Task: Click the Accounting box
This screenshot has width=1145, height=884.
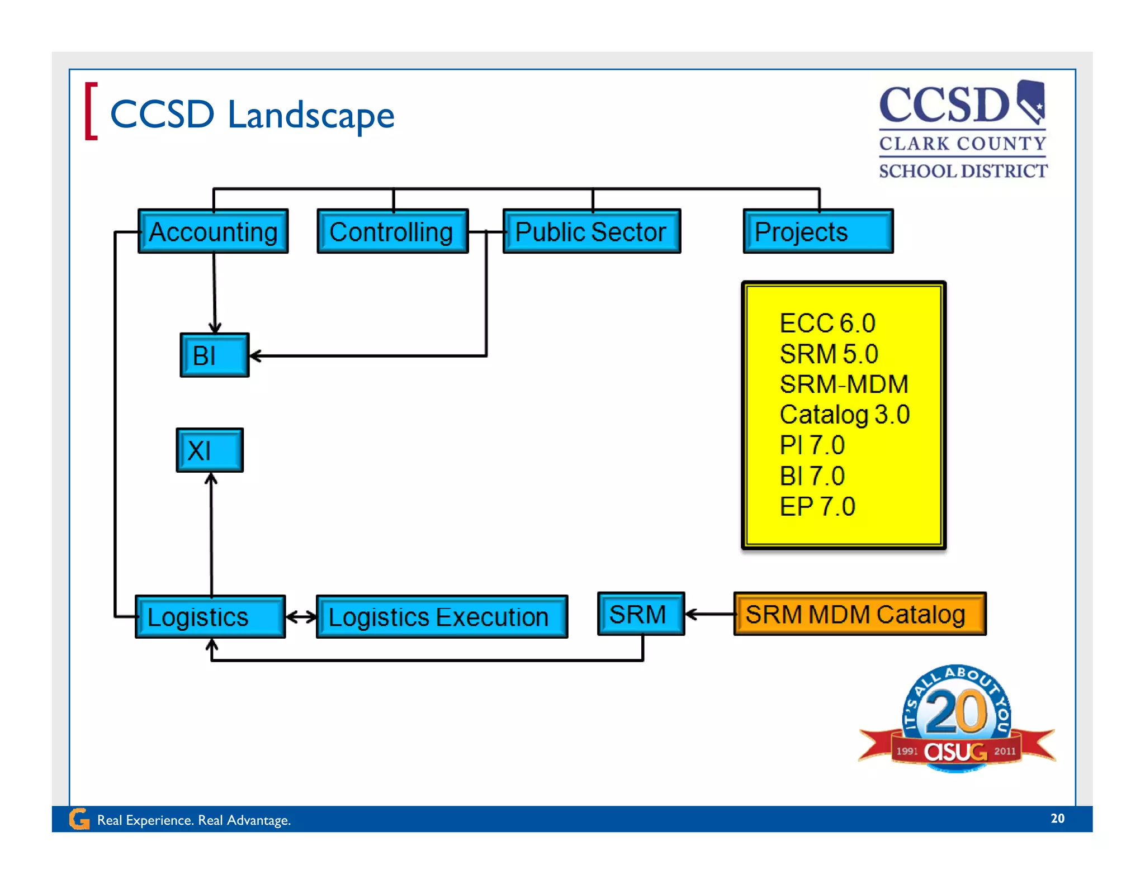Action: point(213,231)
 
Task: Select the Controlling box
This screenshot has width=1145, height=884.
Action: point(392,231)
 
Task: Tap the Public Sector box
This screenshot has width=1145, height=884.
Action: point(592,231)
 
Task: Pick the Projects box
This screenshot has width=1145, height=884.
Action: point(817,231)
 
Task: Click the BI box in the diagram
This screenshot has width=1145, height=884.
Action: point(214,355)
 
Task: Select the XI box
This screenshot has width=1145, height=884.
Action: point(210,450)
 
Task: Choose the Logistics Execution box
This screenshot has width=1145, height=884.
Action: point(442,617)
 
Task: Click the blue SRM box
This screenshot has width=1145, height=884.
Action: point(641,614)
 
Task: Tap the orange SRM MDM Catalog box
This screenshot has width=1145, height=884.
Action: point(859,614)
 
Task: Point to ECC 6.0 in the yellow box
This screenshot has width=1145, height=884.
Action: point(827,323)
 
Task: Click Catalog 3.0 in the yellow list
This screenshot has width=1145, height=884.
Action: point(844,415)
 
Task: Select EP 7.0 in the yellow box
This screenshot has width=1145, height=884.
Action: point(817,507)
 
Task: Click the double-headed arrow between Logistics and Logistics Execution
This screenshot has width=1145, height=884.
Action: point(301,617)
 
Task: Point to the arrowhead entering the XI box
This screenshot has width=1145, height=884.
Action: point(211,479)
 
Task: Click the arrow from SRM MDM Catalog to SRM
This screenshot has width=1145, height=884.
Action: point(709,614)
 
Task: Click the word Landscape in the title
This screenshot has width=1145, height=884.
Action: point(311,115)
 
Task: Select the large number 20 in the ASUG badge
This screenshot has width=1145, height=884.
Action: point(957,712)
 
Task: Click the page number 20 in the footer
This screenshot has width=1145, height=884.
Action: point(1057,818)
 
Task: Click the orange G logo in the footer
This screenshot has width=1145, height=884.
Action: point(79,819)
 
